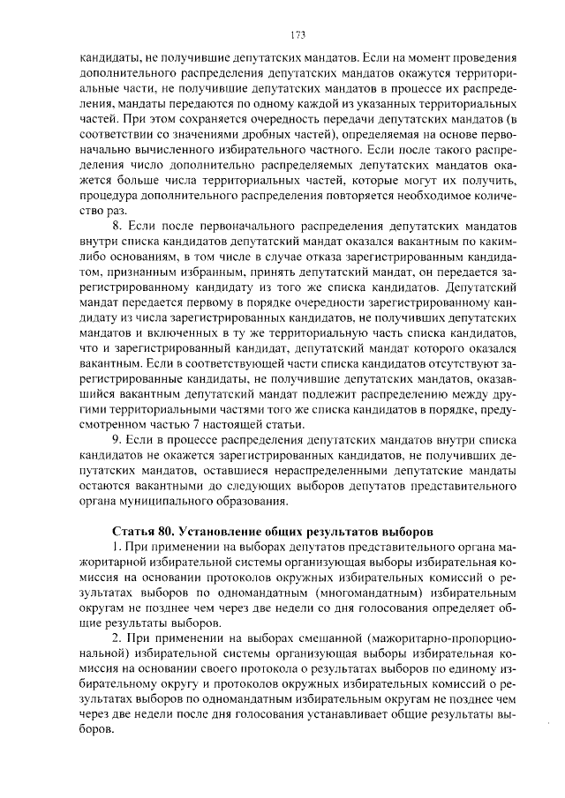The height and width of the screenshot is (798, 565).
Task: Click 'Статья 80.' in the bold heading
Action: pos(145,532)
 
